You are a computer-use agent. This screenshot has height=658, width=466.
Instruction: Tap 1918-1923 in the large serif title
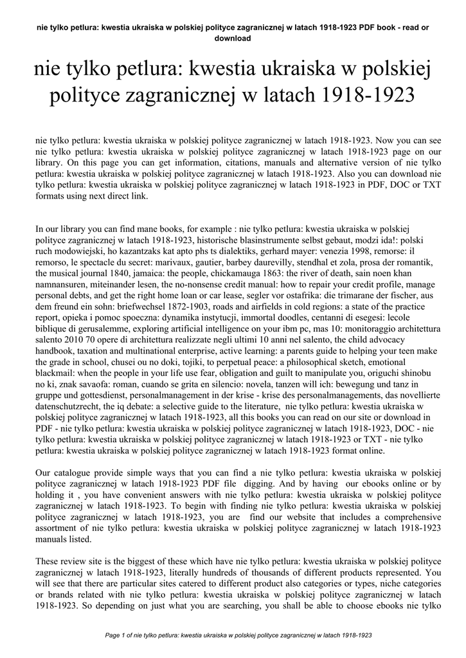tap(369, 96)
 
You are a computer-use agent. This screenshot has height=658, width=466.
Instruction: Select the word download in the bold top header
tap(233, 39)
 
